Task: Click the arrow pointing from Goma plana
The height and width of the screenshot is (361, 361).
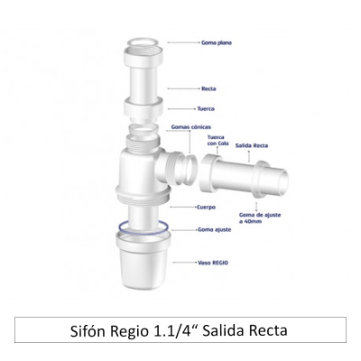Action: coord(184,42)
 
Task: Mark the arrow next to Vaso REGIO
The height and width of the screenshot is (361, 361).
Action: coord(185,264)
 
